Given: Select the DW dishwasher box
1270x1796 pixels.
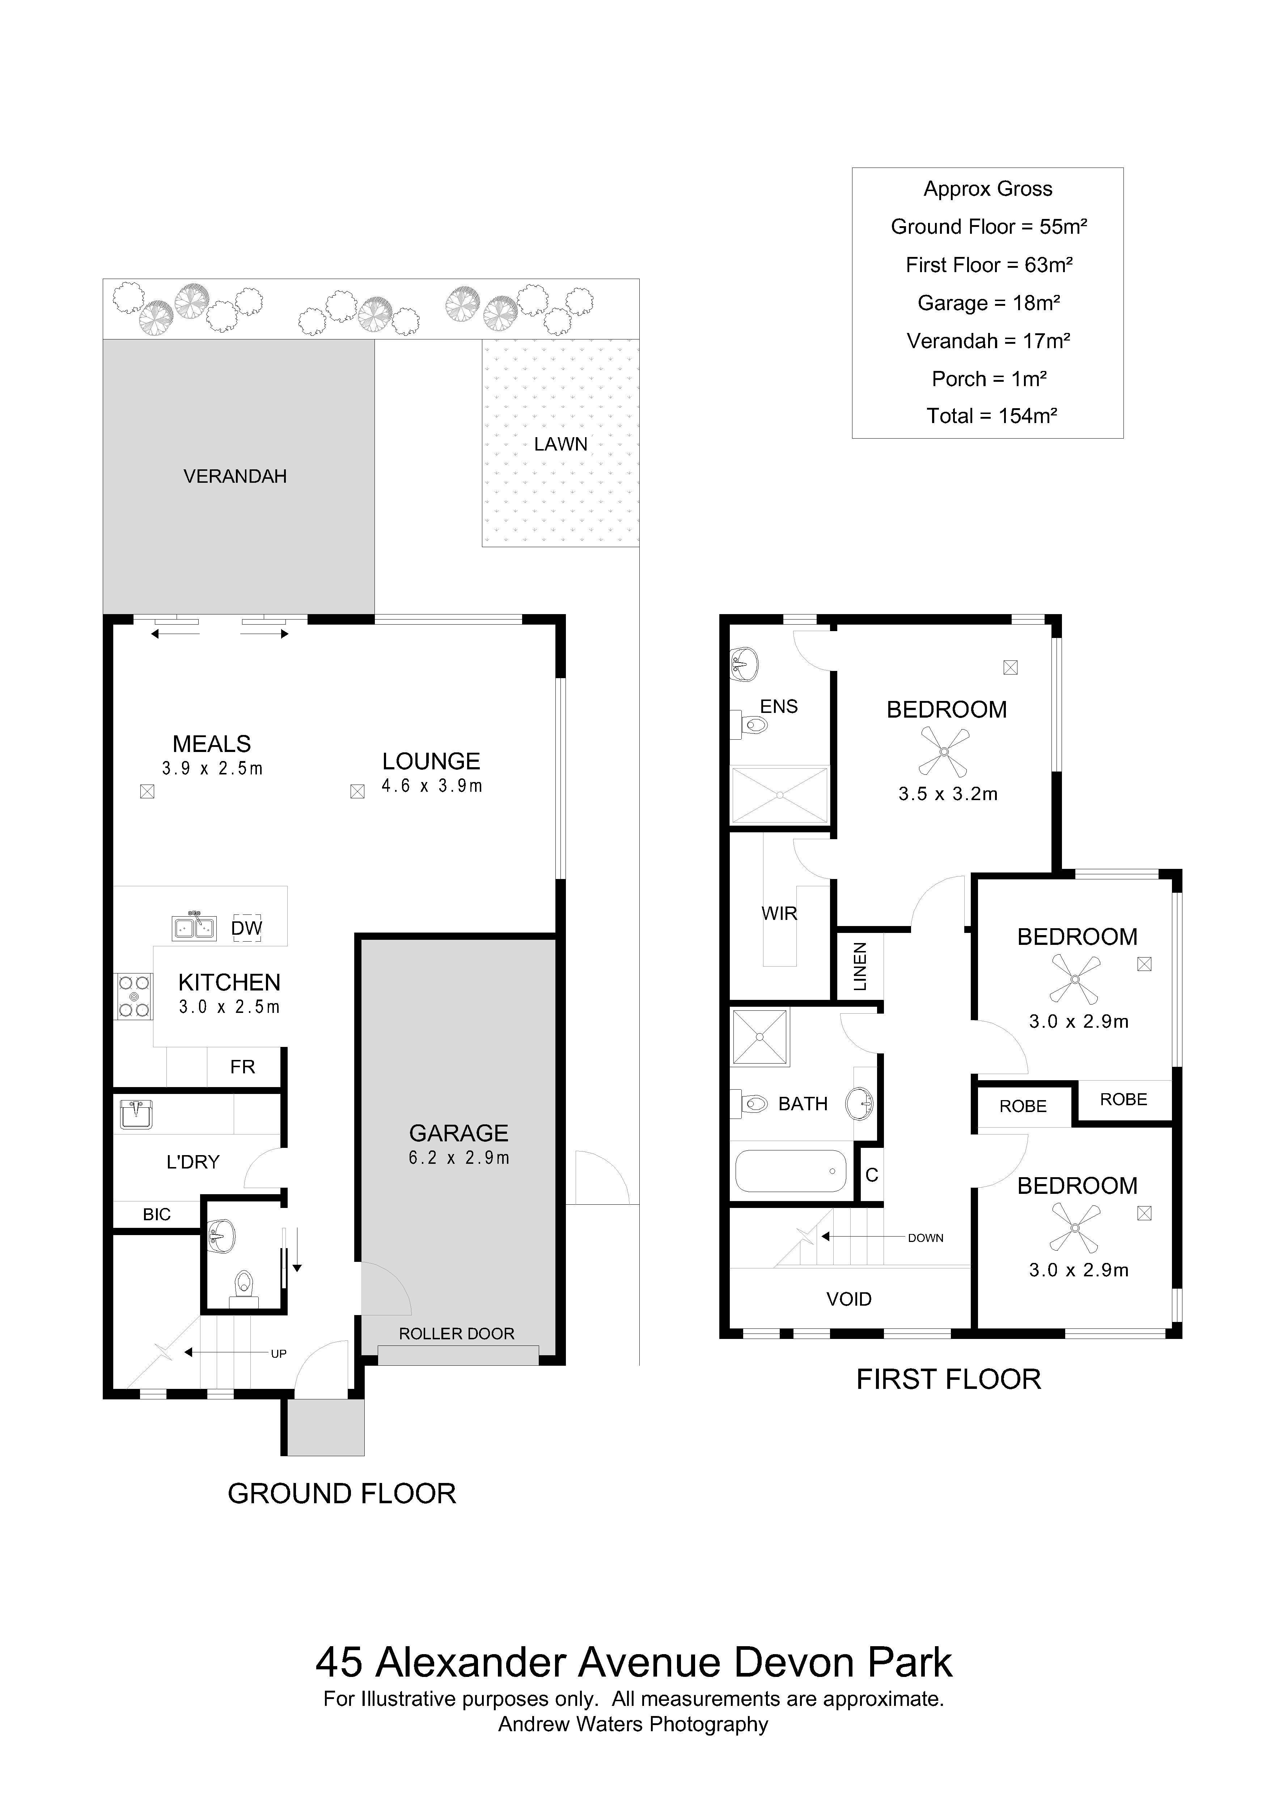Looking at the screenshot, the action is (x=247, y=928).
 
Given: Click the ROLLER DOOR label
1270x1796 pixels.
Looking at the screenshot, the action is (x=457, y=1334).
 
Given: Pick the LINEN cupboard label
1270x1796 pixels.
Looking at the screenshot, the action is (x=860, y=967).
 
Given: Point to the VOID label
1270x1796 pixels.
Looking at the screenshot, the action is (x=848, y=1299).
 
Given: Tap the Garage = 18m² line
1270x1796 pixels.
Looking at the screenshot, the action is (x=989, y=303).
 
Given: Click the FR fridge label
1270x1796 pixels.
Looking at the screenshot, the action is (x=242, y=1067).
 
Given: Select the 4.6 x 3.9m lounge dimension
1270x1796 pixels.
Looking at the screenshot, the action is (x=432, y=786).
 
